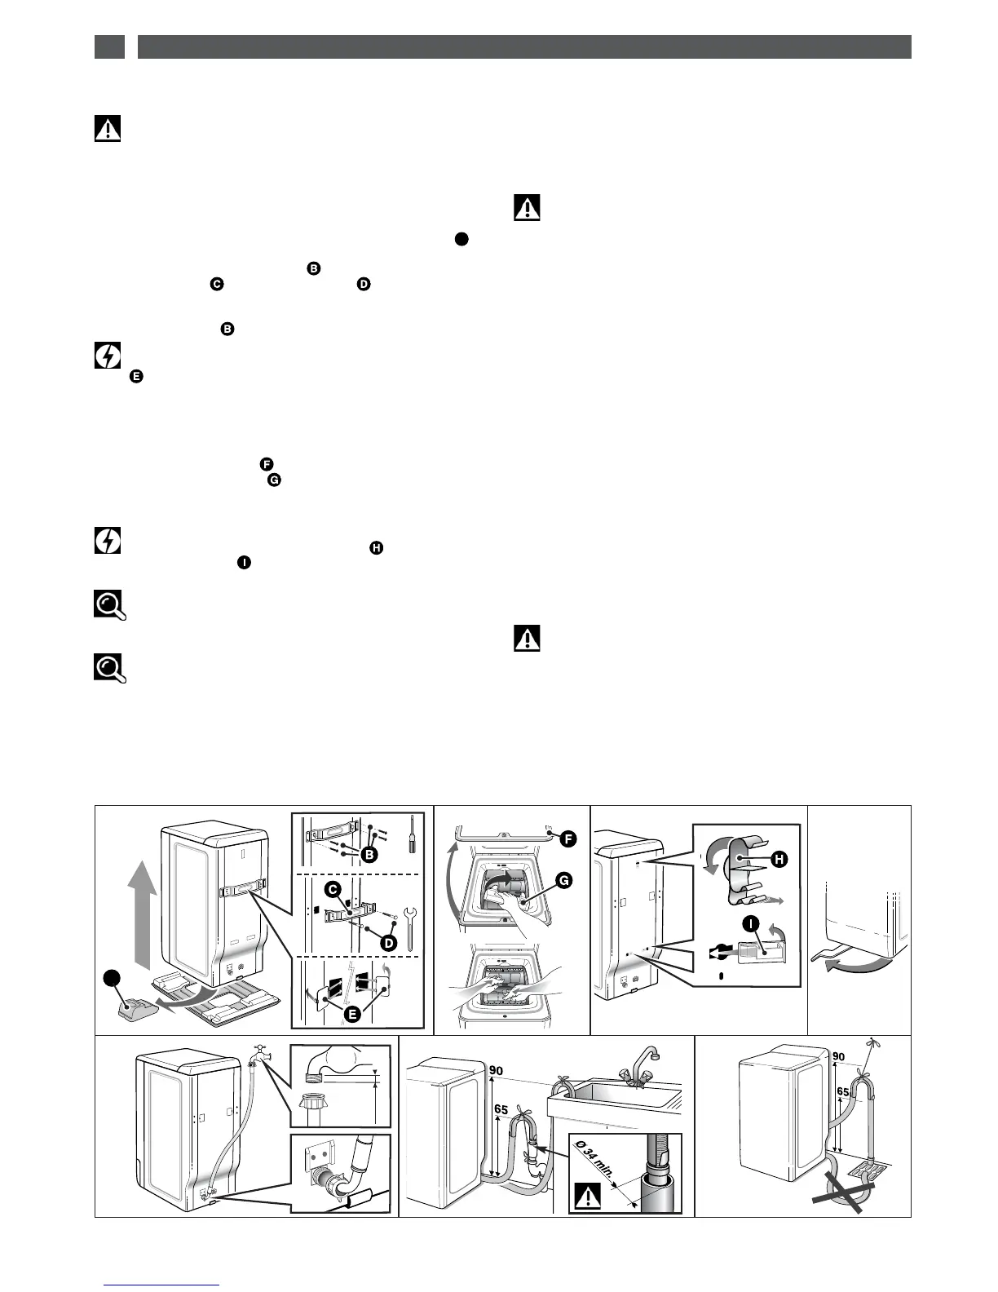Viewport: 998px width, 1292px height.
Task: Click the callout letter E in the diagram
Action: tap(352, 1013)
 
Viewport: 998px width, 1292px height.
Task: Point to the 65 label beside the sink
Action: tap(501, 1109)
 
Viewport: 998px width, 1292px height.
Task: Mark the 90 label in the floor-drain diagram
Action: tap(838, 1056)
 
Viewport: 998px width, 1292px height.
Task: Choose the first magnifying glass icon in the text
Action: tap(109, 605)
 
